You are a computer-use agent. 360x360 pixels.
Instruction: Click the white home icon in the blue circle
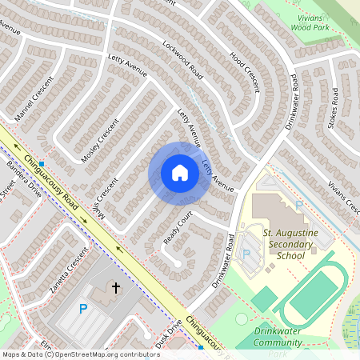(180, 172)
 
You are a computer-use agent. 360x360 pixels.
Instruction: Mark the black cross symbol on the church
(115, 286)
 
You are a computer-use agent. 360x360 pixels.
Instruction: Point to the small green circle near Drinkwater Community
(242, 318)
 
